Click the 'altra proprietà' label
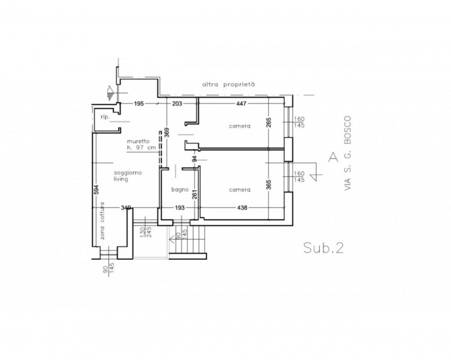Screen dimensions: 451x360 point(228,85)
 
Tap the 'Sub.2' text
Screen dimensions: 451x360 point(324,247)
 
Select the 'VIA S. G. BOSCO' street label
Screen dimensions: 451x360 point(347,153)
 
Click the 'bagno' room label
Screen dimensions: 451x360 point(180,190)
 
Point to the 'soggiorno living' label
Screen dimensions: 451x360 point(128,176)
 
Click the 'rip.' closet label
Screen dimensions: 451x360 point(105,117)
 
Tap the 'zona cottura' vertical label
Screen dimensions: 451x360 point(102,221)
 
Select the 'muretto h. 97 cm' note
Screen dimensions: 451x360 point(142,145)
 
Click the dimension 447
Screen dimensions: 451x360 point(241,104)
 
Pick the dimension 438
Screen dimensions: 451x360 point(242,207)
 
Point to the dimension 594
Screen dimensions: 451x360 point(96,189)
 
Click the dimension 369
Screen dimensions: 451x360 point(167,132)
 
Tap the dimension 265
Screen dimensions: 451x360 point(269,122)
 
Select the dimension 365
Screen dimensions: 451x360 point(269,185)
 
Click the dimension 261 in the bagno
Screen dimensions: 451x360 point(194,194)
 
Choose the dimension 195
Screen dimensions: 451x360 point(139,104)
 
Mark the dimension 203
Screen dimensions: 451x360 point(177,104)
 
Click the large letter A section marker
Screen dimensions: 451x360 point(333,157)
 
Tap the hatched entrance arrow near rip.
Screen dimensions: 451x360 point(110,92)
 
